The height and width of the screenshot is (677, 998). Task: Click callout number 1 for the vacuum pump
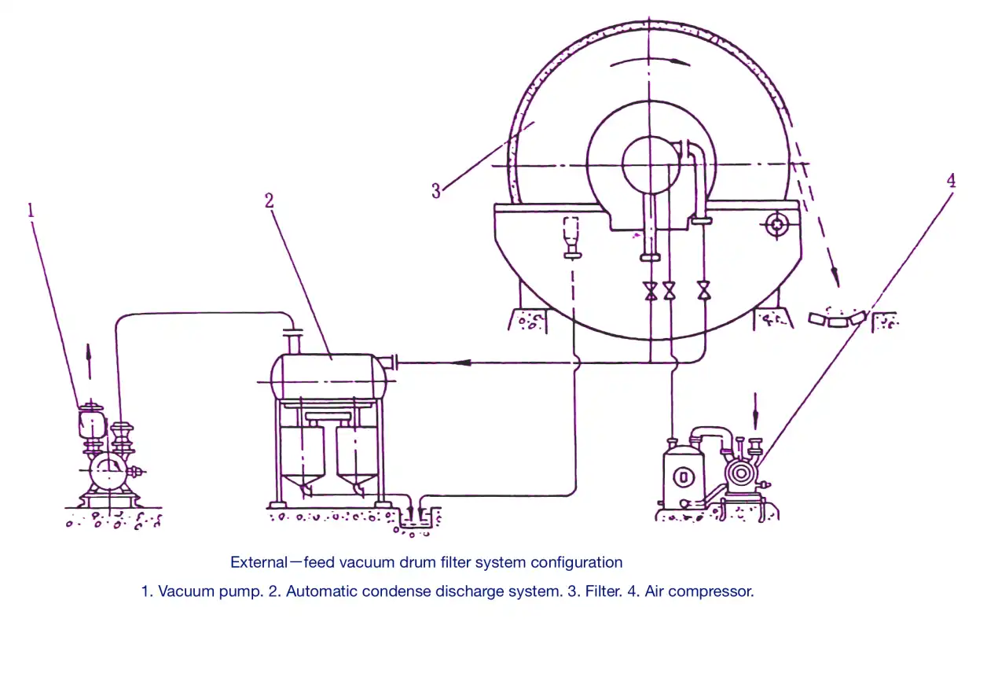31,210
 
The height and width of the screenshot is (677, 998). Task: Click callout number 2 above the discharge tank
269,201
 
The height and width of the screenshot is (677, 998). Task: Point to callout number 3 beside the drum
435,191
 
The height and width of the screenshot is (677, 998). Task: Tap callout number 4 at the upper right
951,181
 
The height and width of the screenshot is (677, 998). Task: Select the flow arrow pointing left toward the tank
462,362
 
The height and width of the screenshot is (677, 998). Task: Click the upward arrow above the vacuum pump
89,361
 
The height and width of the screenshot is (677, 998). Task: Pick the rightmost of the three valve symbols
704,290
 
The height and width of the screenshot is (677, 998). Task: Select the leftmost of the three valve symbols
651,291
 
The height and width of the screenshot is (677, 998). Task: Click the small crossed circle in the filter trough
777,225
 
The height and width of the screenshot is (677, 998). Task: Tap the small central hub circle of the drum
650,165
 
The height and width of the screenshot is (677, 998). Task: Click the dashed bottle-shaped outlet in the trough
572,237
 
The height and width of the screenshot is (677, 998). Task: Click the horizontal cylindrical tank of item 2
328,377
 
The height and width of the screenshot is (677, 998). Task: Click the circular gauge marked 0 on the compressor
683,476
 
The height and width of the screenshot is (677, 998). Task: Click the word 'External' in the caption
259,562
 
